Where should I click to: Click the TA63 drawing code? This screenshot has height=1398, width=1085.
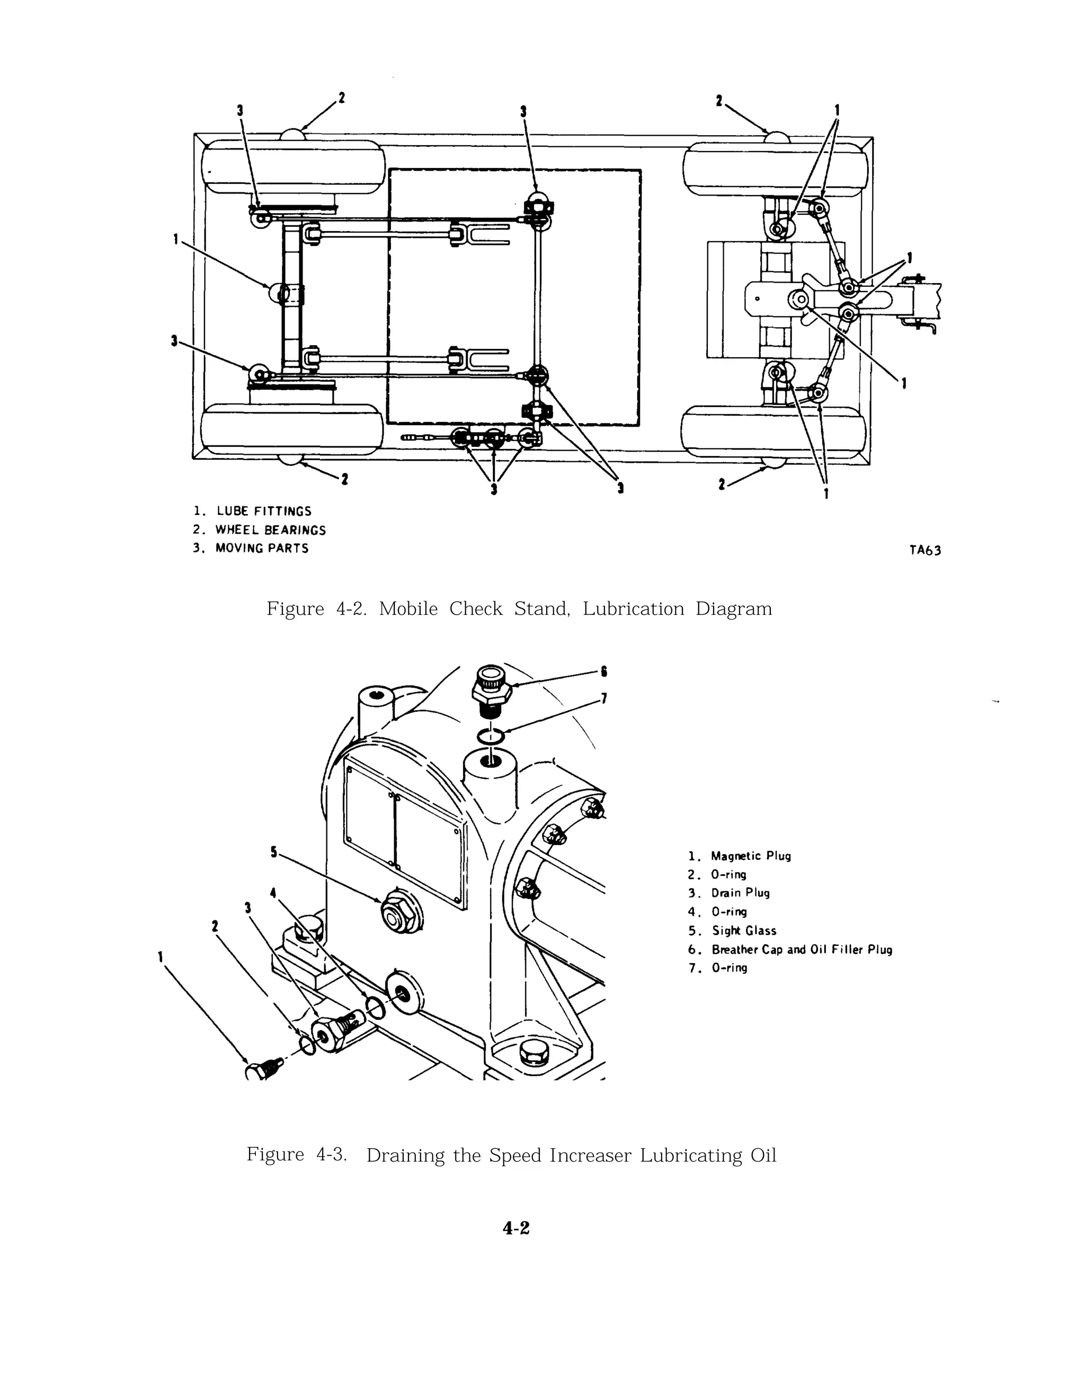[x=924, y=550]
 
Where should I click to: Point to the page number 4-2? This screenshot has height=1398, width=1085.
[x=516, y=1228]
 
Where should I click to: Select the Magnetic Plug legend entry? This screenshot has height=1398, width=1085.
[x=750, y=856]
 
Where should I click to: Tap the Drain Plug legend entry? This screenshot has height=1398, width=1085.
[x=740, y=893]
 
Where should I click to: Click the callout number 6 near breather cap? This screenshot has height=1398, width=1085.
[x=603, y=672]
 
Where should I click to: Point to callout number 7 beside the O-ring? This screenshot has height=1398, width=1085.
[x=603, y=698]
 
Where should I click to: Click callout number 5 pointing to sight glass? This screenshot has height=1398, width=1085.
[x=274, y=852]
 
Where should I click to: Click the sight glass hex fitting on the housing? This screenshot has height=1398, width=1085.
[x=400, y=910]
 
